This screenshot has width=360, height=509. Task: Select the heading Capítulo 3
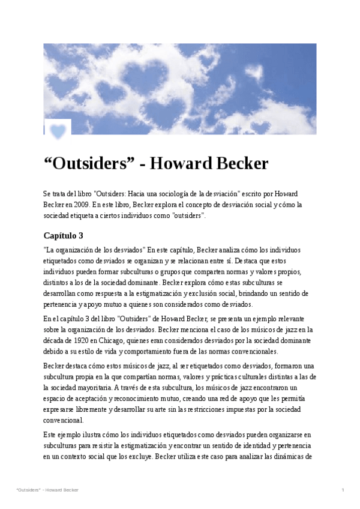point(64,235)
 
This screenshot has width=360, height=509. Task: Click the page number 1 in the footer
point(343,490)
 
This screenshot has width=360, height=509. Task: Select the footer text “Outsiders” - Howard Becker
point(47,490)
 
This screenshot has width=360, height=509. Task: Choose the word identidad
point(235,445)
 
